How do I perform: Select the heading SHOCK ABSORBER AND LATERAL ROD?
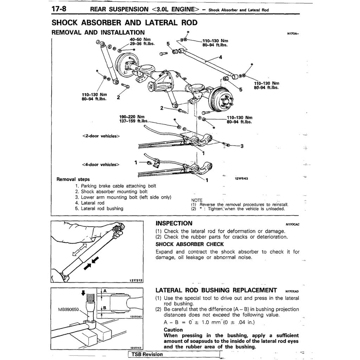[x=124, y=23]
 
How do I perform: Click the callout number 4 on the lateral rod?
[x=220, y=57]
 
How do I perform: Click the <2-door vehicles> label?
[x=101, y=136]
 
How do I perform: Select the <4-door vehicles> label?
[x=101, y=164]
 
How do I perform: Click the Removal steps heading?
[x=73, y=179]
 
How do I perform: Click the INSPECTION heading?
[x=174, y=223]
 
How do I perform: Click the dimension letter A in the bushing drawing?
[x=105, y=290]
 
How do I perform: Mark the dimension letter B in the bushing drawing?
[x=104, y=307]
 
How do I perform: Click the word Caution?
[x=173, y=330]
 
